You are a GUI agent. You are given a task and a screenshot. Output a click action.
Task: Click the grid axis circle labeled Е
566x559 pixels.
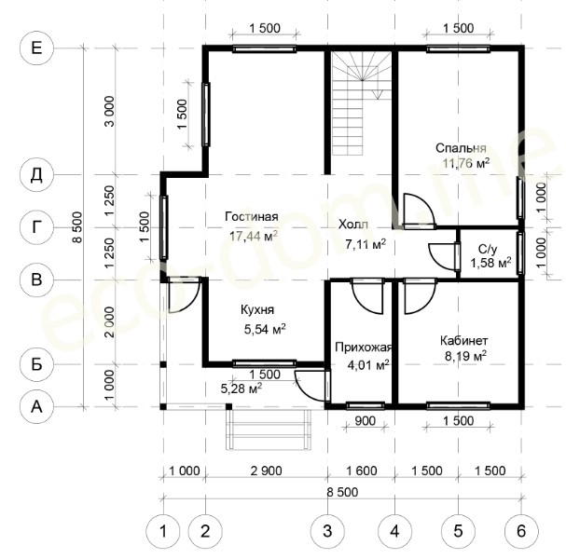pyautogui.click(x=36, y=48)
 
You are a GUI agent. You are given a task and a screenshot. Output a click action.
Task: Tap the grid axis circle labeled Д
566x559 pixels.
pyautogui.click(x=36, y=175)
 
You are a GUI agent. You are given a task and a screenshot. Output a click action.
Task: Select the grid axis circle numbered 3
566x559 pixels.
pyautogui.click(x=327, y=531)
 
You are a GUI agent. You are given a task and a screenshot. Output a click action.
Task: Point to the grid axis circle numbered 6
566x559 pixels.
pyautogui.click(x=521, y=531)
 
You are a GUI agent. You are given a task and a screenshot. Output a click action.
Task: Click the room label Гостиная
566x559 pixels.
pyautogui.click(x=252, y=216)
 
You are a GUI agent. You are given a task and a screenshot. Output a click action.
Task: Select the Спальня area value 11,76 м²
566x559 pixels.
pyautogui.click(x=466, y=163)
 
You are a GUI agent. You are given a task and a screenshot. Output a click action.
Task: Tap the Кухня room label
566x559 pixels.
pyautogui.click(x=257, y=309)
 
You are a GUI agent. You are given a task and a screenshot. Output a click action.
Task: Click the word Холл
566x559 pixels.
pyautogui.click(x=353, y=225)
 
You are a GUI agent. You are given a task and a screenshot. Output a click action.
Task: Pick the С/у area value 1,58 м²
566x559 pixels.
pyautogui.click(x=490, y=263)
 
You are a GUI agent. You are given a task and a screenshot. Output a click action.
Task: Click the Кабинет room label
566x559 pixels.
pyautogui.click(x=464, y=340)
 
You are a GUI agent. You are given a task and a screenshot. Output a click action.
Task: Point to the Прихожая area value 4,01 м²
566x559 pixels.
pyautogui.click(x=368, y=365)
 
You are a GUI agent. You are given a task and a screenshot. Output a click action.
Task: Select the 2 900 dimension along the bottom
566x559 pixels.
pyautogui.click(x=267, y=470)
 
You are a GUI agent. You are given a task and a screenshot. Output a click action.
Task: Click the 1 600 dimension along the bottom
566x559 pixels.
pyautogui.click(x=362, y=470)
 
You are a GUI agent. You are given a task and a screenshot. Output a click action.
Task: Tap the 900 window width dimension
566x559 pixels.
pyautogui.click(x=365, y=420)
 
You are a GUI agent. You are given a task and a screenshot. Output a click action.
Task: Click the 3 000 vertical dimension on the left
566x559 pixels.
pyautogui.click(x=109, y=111)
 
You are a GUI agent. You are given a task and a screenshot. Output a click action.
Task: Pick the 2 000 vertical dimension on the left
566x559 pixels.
pyautogui.click(x=109, y=322)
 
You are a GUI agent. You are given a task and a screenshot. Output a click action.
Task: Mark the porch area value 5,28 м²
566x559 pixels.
pyautogui.click(x=242, y=389)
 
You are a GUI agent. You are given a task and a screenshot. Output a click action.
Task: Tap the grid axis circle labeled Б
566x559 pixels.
pyautogui.click(x=36, y=364)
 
